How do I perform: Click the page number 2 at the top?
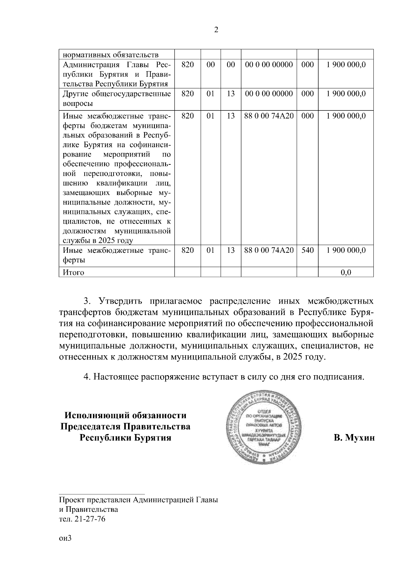216,30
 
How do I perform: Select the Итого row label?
73,272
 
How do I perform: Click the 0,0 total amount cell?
346,272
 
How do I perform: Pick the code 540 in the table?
307,250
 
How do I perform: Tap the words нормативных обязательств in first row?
110,55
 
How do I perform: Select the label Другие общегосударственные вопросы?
116,98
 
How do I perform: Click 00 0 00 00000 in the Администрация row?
268,65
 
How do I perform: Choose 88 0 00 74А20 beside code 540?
268,250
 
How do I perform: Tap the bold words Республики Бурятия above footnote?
125,438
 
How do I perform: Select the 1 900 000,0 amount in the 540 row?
346,250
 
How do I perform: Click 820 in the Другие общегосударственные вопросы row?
187,94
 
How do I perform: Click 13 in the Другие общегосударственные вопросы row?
231,94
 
